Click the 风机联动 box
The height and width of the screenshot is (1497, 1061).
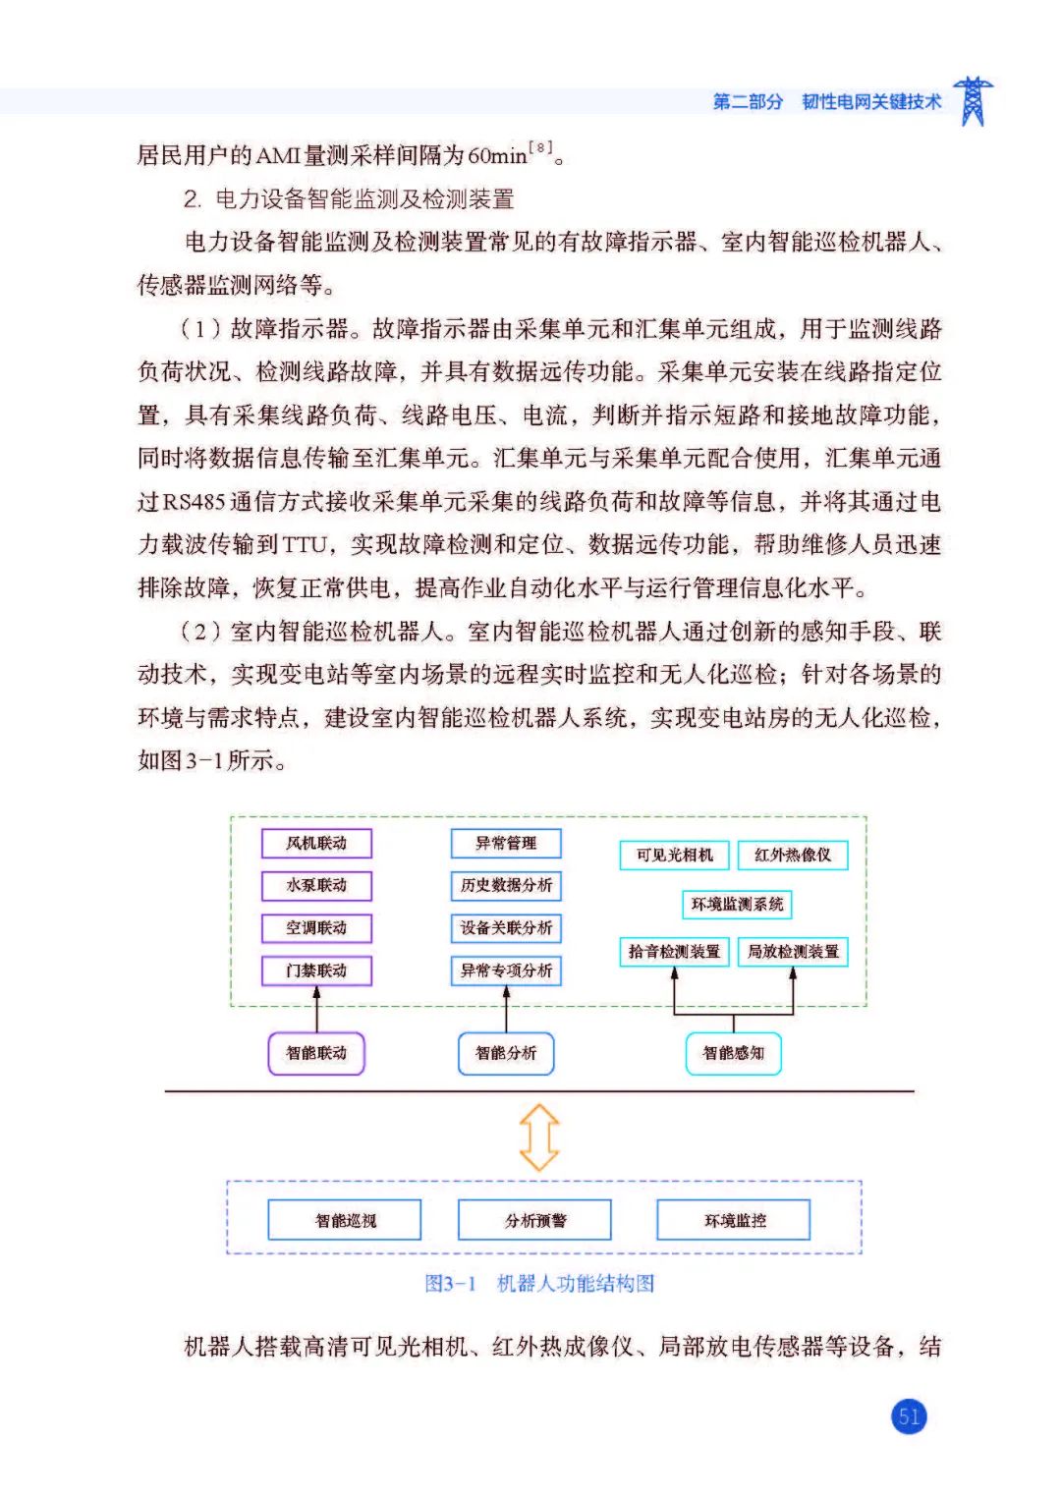[x=316, y=843]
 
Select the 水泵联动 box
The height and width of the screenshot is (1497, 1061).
[x=316, y=885]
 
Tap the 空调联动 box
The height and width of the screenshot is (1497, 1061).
[x=316, y=927]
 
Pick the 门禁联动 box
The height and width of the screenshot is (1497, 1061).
[x=316, y=970]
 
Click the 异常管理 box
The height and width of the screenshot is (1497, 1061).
[x=506, y=843]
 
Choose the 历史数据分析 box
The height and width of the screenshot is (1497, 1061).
[x=506, y=885]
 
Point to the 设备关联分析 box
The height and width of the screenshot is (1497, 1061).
[x=506, y=927]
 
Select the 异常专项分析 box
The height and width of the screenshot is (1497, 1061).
[x=506, y=970]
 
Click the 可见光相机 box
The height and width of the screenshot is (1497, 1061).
[x=674, y=855]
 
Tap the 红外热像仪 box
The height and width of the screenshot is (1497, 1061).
[x=793, y=855]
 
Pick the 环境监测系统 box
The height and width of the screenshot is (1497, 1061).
[x=737, y=904]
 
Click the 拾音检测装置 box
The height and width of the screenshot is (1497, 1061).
[x=674, y=951]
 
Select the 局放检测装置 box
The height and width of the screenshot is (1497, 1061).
[x=793, y=951]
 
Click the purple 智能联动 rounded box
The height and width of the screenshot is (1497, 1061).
[x=316, y=1053]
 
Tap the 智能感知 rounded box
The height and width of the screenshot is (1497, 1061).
[x=733, y=1053]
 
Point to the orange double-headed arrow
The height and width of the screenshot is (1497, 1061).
[x=539, y=1137]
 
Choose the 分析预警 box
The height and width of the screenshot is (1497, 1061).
[x=535, y=1220]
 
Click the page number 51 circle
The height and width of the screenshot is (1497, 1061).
[x=909, y=1416]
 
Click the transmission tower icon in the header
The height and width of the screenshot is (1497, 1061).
[x=973, y=101]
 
